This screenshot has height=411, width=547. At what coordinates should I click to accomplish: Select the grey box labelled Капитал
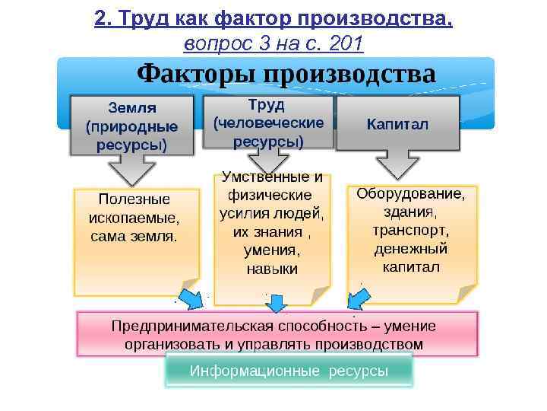point(397,123)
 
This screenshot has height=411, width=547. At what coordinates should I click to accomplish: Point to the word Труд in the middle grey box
point(267,104)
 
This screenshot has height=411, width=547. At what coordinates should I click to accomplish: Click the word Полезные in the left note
point(134,199)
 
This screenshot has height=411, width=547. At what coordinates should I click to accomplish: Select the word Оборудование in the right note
point(411,193)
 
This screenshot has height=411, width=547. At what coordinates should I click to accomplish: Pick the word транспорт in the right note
point(411,230)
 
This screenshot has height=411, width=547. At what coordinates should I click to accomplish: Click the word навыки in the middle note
point(272,269)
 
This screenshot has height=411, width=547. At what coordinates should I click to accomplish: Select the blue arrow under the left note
point(190,298)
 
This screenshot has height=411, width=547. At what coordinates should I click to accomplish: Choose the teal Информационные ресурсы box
point(289,371)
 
